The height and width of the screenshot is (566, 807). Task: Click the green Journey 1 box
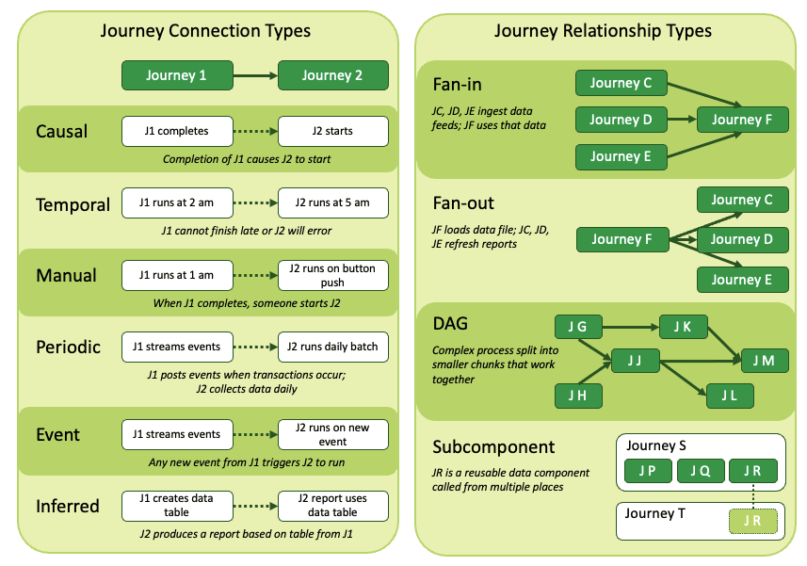(177, 75)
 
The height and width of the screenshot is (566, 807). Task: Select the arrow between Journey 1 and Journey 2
(254, 75)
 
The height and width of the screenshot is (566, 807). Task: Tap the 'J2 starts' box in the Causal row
(333, 131)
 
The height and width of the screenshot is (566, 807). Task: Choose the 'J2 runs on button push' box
(333, 275)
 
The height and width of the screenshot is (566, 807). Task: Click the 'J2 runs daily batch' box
(333, 347)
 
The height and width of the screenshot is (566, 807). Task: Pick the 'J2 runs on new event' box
(333, 434)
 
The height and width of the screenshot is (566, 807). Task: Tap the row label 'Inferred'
(68, 506)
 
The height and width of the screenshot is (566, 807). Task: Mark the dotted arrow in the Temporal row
(254, 203)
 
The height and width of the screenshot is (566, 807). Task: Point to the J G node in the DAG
(577, 327)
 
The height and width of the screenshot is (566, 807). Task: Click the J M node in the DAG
(764, 360)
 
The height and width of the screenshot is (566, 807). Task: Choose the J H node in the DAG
(577, 396)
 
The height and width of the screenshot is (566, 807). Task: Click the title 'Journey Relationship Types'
(603, 31)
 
